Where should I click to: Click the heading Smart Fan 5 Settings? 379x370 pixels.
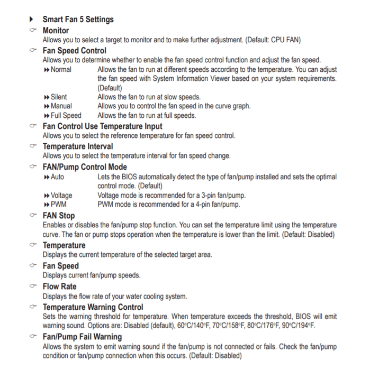78,20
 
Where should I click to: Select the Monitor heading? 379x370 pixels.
56,31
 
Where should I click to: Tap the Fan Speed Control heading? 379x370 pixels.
74,51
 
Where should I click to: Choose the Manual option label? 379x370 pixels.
61,106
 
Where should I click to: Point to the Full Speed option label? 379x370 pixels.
66,115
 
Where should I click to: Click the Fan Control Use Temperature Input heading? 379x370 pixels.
102,126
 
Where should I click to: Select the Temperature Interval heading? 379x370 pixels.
77,146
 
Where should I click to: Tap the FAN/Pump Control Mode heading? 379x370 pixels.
85,167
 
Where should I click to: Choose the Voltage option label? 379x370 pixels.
61,195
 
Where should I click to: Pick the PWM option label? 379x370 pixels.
58,204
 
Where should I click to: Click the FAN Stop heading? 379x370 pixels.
59,216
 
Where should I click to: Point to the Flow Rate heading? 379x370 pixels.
59,286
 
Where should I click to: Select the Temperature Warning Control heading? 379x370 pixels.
93,307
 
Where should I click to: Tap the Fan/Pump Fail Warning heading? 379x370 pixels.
82,337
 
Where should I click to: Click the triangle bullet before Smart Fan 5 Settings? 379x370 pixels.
32,20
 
